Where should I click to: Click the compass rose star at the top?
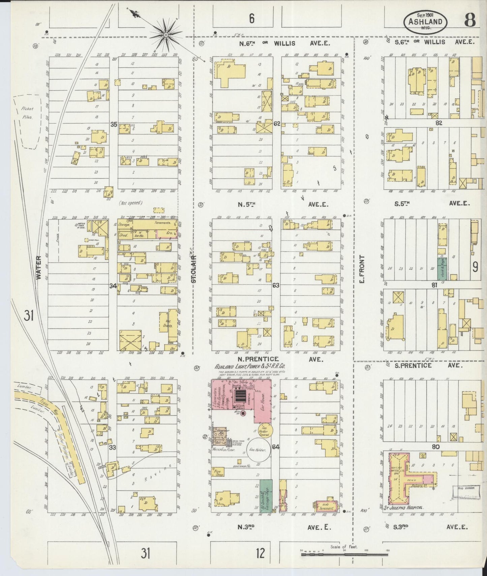click(x=166, y=34)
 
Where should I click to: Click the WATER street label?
click(x=39, y=268)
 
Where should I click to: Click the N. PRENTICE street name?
click(x=258, y=359)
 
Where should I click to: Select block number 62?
click(x=277, y=124)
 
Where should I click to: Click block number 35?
click(x=114, y=124)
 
